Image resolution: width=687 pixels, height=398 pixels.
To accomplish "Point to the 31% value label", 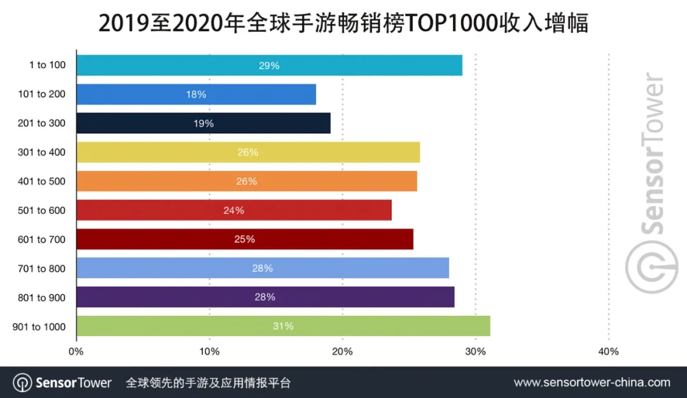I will coord(283,326).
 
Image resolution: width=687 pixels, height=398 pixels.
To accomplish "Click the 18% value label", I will coord(196,94).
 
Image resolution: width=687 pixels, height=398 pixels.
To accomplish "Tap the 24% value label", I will coord(233,210).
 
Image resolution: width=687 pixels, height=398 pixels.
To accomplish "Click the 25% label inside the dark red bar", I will coord(244,239).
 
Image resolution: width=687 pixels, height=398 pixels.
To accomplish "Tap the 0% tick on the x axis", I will coord(76,351).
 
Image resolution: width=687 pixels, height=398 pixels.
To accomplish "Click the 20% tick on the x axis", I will coord(342,351).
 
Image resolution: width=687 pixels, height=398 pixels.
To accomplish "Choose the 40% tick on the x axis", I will coord(608,351).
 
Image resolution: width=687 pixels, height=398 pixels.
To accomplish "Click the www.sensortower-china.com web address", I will coord(592,383).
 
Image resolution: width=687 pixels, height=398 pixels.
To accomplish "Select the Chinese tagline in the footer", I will coord(208,383).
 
